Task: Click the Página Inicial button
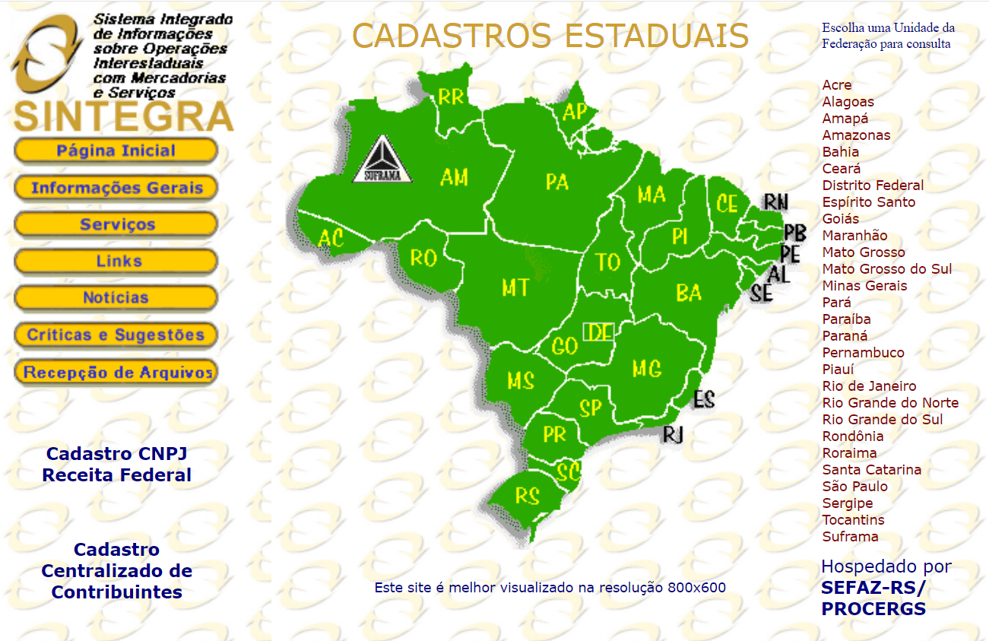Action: click(116, 151)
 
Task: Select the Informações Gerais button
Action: click(116, 188)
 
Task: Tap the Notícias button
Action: click(116, 298)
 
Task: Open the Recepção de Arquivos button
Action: click(116, 373)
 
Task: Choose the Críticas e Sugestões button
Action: click(116, 335)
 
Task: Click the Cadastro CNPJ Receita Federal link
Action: click(116, 465)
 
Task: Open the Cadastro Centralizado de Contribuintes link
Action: click(116, 571)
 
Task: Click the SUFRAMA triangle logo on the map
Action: click(382, 161)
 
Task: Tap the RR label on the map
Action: click(451, 97)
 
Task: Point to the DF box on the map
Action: click(599, 332)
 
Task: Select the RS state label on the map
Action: click(527, 496)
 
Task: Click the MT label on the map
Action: click(515, 287)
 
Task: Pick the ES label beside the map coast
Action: click(704, 398)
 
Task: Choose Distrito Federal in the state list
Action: click(873, 186)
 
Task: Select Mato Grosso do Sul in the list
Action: click(886, 269)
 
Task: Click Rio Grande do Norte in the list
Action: click(890, 403)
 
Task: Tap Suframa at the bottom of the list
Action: click(850, 537)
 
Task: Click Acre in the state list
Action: click(837, 85)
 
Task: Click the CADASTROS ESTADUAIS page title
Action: click(550, 36)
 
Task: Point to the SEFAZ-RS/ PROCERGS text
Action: click(873, 598)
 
